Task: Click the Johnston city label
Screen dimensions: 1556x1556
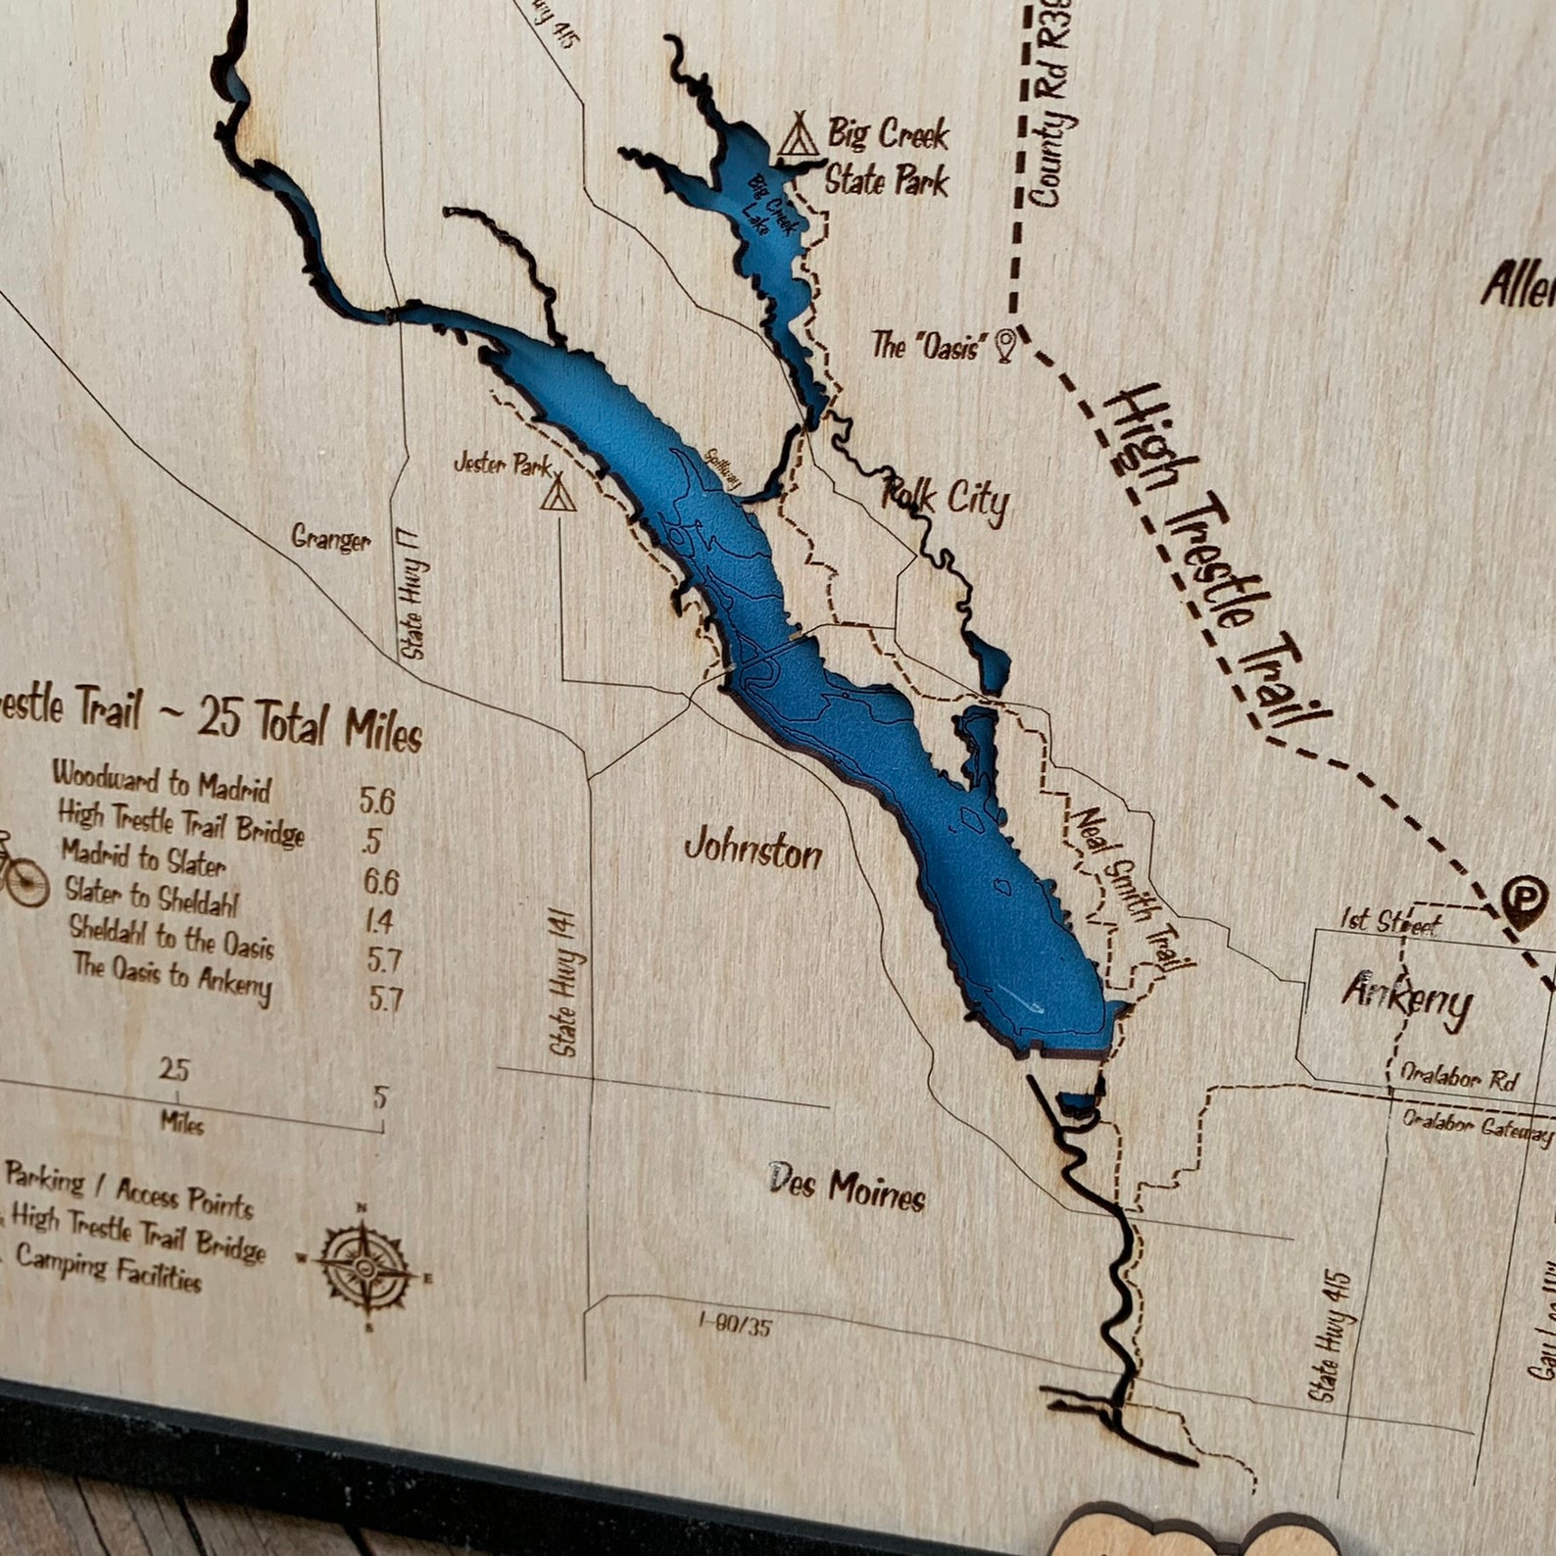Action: (x=753, y=850)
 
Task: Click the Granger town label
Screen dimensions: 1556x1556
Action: (x=331, y=538)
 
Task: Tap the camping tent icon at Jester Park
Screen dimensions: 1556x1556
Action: (x=558, y=492)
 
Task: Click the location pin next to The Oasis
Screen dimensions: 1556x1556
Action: (x=1005, y=344)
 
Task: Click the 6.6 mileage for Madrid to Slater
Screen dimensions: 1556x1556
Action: (x=381, y=881)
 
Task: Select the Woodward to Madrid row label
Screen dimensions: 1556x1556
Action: (x=162, y=781)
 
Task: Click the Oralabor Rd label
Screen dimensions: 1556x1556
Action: (x=1459, y=1076)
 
